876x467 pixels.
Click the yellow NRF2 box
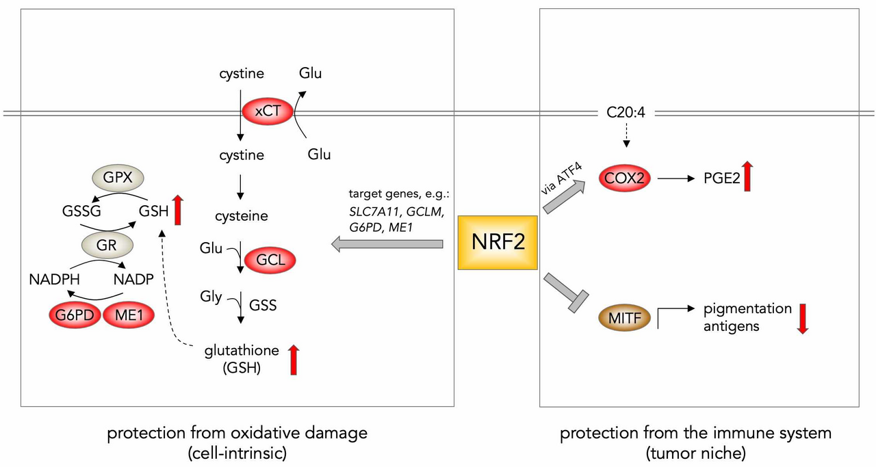(498, 242)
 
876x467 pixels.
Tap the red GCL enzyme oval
(266, 259)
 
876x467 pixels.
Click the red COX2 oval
(623, 178)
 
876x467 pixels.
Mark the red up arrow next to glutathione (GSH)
(294, 360)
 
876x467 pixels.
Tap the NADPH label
(55, 278)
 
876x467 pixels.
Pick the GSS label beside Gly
(263, 304)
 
